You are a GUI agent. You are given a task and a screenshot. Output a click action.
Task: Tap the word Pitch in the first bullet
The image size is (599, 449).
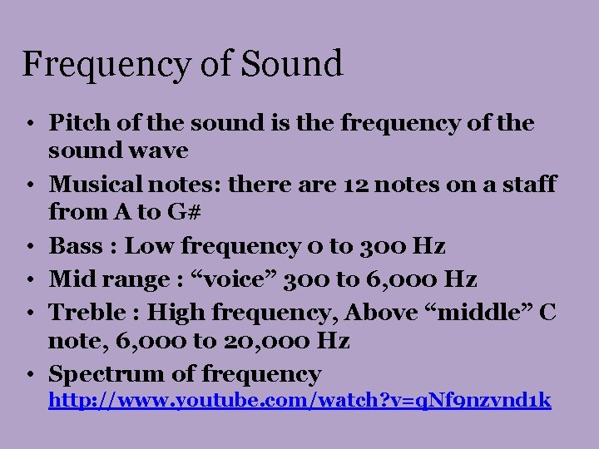point(76,123)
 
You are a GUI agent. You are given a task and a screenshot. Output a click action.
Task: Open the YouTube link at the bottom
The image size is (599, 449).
point(299,401)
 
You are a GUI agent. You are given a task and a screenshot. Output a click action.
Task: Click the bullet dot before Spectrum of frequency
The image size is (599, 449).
point(28,374)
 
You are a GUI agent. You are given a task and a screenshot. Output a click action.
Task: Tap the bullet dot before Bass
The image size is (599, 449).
point(28,246)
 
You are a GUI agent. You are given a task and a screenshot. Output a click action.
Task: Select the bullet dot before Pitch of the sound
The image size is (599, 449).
point(28,123)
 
